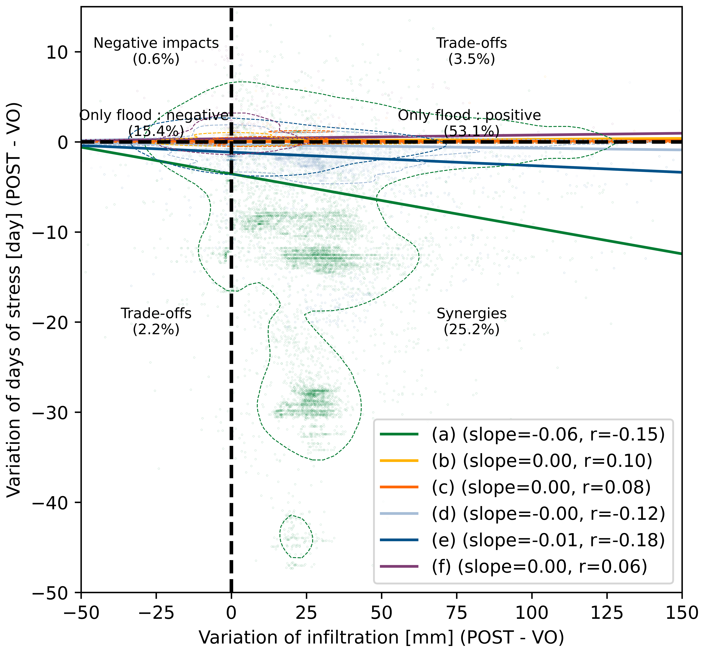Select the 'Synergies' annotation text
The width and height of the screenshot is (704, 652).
coord(472,313)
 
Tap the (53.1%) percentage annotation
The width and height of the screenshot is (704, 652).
coord(472,131)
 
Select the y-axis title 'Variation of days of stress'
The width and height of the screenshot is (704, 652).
coord(14,300)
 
